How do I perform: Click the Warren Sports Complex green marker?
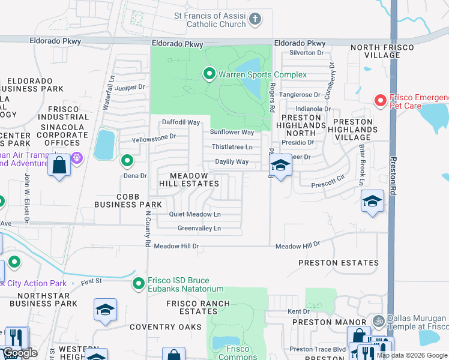pos(209,74)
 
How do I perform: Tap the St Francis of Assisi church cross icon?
pos(255,19)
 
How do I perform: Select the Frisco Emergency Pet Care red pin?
pos(379,100)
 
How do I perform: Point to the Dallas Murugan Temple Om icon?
pos(378,320)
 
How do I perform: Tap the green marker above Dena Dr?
pos(127,161)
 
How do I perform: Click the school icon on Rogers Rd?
pos(280,165)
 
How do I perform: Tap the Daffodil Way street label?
pos(181,122)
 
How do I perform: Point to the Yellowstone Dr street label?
pos(154,136)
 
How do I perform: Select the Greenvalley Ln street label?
pos(199,228)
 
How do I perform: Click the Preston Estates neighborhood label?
pos(339,263)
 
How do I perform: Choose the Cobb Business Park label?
pos(128,200)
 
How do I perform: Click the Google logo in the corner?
pos(20,353)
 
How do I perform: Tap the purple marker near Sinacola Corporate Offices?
pos(76,158)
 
